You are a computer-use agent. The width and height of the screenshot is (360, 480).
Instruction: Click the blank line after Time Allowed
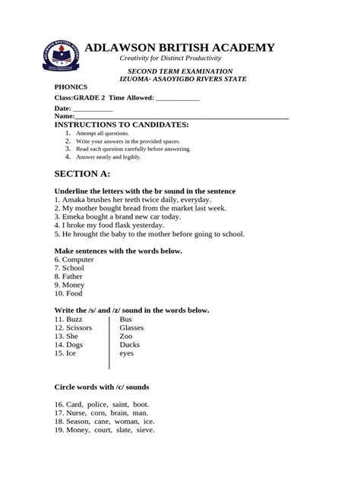pyautogui.click(x=177, y=98)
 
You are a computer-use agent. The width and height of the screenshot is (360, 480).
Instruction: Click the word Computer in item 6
pyautogui.click(x=79, y=260)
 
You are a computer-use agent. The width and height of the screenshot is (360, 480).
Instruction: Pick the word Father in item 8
pyautogui.click(x=74, y=276)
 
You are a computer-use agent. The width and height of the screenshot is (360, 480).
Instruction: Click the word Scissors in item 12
pyautogui.click(x=80, y=328)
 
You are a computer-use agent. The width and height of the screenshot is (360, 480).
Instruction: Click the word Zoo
pyautogui.click(x=126, y=336)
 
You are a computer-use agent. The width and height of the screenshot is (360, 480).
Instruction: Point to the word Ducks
pyautogui.click(x=130, y=345)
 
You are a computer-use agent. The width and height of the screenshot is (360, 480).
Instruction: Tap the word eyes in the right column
pyautogui.click(x=127, y=353)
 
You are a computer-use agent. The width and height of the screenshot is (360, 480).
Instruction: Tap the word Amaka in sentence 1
pyautogui.click(x=75, y=201)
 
